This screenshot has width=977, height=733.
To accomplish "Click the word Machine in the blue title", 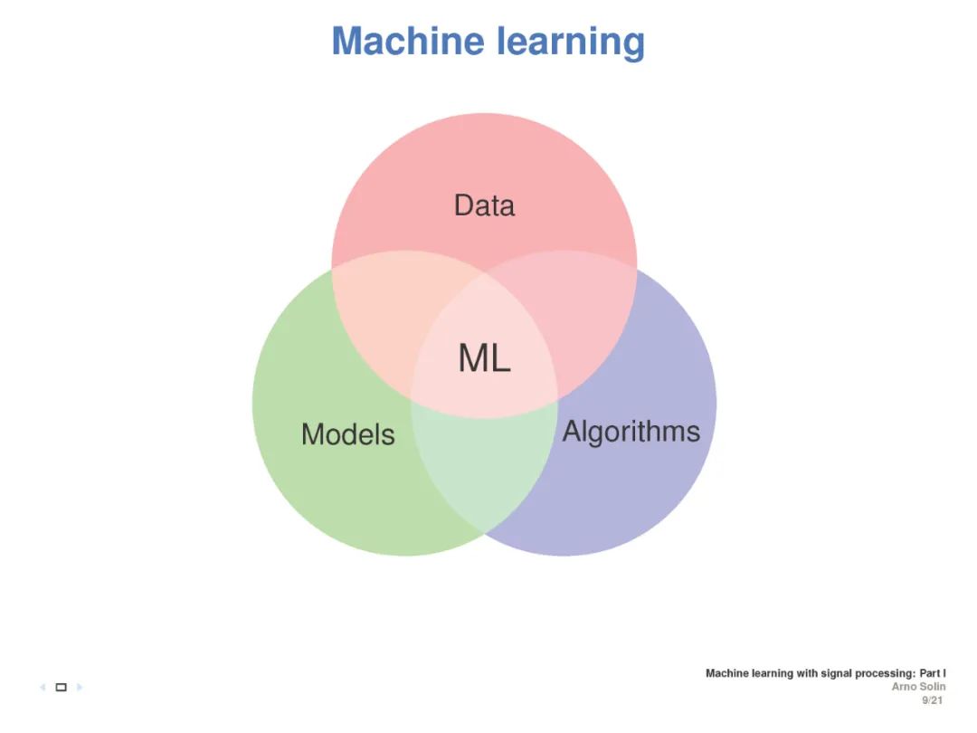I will [x=407, y=42].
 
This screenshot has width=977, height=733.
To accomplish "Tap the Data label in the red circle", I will [x=484, y=205].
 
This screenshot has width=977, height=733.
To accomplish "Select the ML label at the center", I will [x=484, y=358].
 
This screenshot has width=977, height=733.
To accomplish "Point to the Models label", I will [x=348, y=434].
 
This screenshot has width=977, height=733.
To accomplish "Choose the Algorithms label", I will [x=631, y=432].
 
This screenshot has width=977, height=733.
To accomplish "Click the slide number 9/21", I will [x=933, y=700].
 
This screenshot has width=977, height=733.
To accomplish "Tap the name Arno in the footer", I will [x=905, y=687].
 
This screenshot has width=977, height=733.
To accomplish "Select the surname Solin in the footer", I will [x=934, y=687].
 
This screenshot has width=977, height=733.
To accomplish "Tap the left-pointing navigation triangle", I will [x=43, y=688].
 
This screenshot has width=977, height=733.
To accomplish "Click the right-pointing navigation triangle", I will [x=80, y=688].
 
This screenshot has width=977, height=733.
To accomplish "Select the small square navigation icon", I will [x=62, y=688].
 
